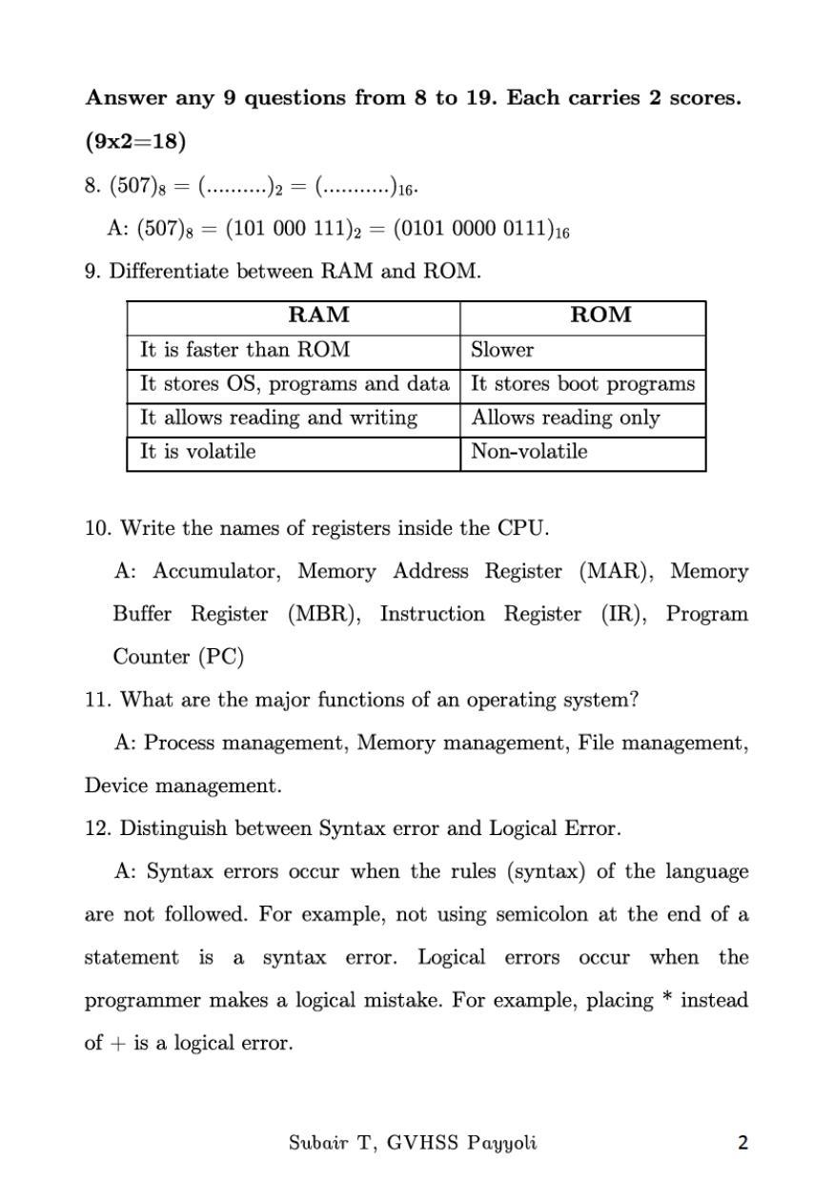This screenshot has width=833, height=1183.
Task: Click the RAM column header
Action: [318, 316]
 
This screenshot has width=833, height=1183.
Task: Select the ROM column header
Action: [600, 316]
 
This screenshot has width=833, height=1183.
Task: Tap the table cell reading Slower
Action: [502, 350]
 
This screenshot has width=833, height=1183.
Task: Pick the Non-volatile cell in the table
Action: [529, 452]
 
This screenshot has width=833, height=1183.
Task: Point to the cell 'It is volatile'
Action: [198, 452]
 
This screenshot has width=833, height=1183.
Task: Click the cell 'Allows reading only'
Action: [565, 418]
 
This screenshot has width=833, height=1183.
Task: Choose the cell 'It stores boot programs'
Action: [582, 383]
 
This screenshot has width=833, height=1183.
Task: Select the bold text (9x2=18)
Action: [135, 142]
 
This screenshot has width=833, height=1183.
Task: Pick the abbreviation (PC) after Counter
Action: [222, 657]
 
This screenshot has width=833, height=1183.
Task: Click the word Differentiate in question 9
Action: [169, 272]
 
